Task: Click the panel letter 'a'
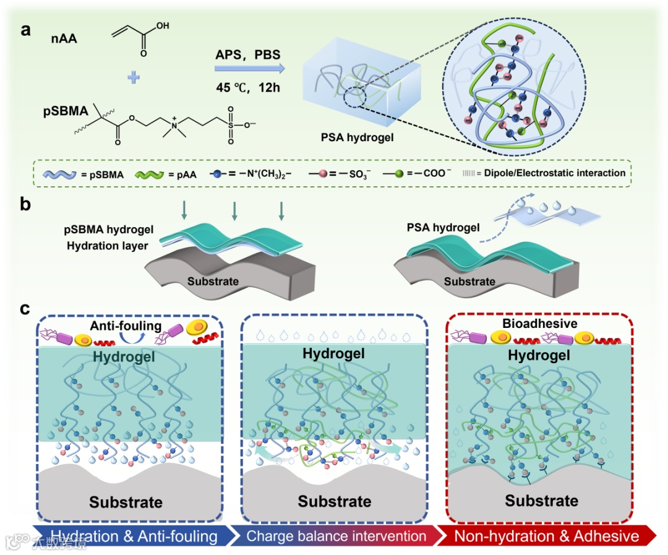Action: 25,29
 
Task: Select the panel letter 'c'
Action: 25,308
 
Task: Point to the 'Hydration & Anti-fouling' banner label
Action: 134,536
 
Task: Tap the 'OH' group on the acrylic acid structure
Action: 163,27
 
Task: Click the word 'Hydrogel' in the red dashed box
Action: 538,355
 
